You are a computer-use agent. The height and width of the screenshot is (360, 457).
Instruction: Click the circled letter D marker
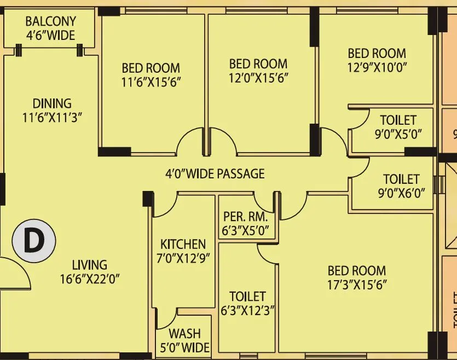point(34,241)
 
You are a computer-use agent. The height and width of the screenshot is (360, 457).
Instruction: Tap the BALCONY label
point(50,22)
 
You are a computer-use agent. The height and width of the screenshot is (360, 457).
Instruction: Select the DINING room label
point(52,103)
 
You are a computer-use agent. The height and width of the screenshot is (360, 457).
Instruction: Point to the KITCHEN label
point(183,244)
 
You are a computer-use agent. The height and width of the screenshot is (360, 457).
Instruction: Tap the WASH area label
point(184,333)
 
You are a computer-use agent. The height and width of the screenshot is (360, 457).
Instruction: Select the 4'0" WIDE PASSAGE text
point(215,174)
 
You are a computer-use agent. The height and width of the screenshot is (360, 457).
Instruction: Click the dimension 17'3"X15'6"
point(357,284)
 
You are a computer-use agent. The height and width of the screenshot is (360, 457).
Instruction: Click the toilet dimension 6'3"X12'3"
point(247,311)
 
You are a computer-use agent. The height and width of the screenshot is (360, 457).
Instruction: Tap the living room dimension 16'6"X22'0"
point(90,279)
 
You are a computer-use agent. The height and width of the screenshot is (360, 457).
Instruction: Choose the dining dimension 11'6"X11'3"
point(52,117)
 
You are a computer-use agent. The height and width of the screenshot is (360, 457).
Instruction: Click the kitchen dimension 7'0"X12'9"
point(183,258)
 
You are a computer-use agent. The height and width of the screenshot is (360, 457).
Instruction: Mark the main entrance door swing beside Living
point(15,274)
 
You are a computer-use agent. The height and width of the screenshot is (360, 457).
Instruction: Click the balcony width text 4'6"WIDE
point(50,36)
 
